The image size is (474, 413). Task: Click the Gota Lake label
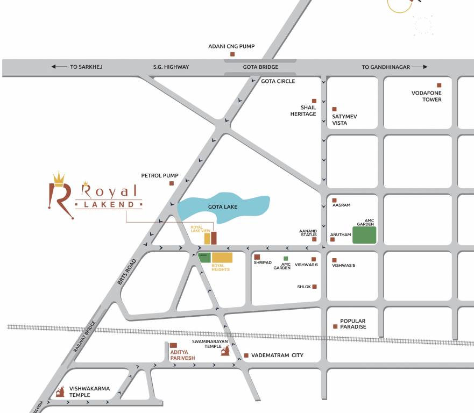click(222, 206)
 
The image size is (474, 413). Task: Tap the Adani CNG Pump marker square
click(232, 54)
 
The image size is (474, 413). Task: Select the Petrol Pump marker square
click(172, 183)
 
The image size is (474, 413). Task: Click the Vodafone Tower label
click(426, 96)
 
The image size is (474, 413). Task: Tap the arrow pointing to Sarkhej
click(56, 67)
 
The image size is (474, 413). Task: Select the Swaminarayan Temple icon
click(225, 350)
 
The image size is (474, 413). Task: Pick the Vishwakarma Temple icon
click(59, 391)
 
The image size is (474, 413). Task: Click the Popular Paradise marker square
click(335, 326)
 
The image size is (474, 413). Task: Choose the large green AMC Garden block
click(364, 235)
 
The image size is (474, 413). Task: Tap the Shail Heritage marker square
click(314, 101)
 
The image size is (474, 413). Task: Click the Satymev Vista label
click(344, 119)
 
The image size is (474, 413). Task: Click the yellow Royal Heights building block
click(222, 257)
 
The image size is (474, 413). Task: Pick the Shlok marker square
click(314, 287)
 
